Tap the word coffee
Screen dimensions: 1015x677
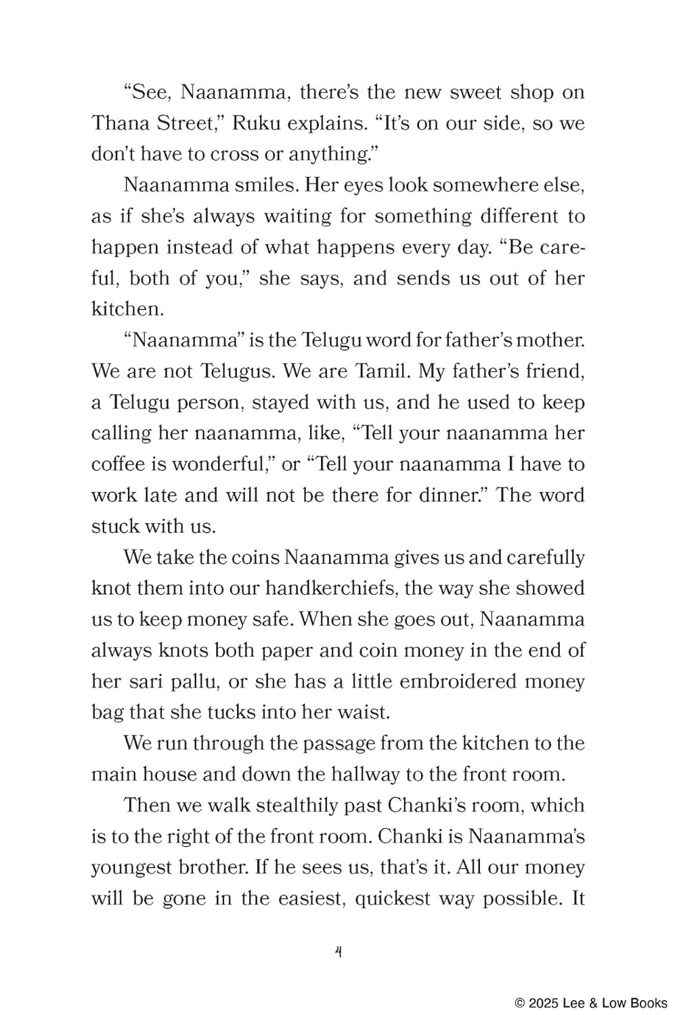pos(118,464)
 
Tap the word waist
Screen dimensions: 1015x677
pos(368,712)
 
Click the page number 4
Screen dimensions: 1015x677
pos(338,951)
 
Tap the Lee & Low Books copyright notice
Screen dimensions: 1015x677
pos(591,1003)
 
